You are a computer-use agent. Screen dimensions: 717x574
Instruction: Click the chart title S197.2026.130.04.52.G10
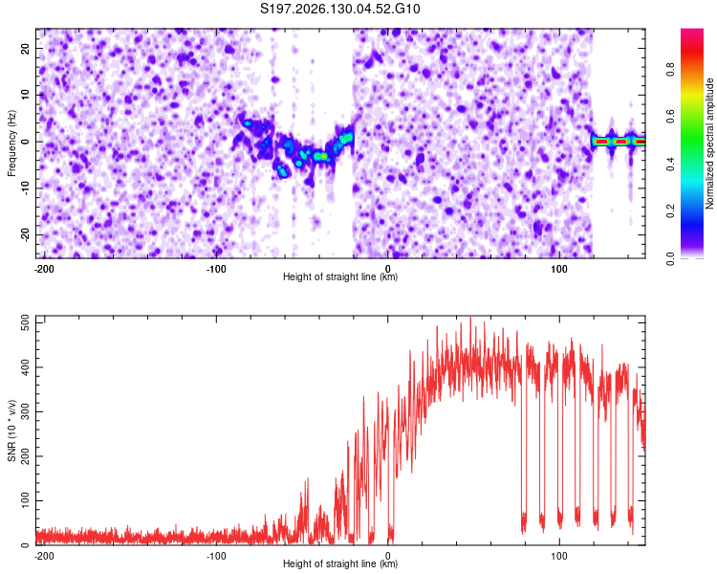pyautogui.click(x=339, y=9)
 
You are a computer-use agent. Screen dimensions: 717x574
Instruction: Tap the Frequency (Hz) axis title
pyautogui.click(x=11, y=143)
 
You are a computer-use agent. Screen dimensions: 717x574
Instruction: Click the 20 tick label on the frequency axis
pyautogui.click(x=26, y=49)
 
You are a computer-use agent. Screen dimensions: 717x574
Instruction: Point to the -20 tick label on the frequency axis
pyautogui.click(x=26, y=234)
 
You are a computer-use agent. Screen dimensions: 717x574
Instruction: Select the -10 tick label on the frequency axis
pyautogui.click(x=26, y=188)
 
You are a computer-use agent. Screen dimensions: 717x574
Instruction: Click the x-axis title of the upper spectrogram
pyautogui.click(x=340, y=276)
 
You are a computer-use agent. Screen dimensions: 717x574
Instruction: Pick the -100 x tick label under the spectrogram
pyautogui.click(x=216, y=269)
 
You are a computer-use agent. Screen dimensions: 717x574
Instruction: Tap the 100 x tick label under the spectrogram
pyautogui.click(x=559, y=269)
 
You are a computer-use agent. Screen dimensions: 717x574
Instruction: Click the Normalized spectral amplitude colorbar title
pyautogui.click(x=709, y=143)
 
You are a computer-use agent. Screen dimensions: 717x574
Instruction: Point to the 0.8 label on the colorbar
pyautogui.click(x=670, y=70)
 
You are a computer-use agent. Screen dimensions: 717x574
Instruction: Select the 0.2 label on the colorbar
pyautogui.click(x=670, y=211)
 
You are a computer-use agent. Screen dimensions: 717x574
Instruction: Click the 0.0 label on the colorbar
pyautogui.click(x=670, y=258)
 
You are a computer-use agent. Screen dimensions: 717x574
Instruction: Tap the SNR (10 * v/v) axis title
pyautogui.click(x=11, y=430)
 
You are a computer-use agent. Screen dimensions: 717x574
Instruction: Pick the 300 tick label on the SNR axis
pyautogui.click(x=26, y=411)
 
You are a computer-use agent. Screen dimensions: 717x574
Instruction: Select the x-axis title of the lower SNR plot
pyautogui.click(x=340, y=563)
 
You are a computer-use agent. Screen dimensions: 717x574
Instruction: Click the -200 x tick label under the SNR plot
pyautogui.click(x=44, y=556)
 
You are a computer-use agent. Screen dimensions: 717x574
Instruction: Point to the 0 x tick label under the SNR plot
pyautogui.click(x=388, y=556)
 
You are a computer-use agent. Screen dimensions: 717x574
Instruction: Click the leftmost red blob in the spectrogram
pyautogui.click(x=601, y=142)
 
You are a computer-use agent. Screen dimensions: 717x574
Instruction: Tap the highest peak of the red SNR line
pyautogui.click(x=470, y=318)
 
